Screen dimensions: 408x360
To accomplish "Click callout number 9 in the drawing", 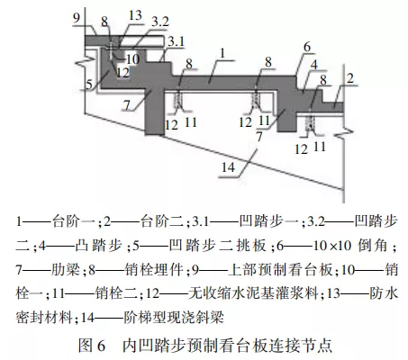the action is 77,18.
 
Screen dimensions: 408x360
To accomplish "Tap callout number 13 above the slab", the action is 135,14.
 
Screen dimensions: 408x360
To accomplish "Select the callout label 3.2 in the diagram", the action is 160,22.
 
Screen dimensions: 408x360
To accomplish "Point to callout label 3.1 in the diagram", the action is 176,41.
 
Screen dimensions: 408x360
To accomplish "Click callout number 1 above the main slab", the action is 222,53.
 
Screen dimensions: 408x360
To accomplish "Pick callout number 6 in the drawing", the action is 307,47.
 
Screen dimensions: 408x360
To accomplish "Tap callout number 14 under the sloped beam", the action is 228,167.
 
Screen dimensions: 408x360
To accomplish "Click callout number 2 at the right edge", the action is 350,78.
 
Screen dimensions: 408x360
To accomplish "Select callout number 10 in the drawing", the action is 132,59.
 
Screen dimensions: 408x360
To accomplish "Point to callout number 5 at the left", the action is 89,85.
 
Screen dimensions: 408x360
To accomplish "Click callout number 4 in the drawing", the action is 313,65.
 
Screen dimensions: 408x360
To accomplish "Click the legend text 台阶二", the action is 162,221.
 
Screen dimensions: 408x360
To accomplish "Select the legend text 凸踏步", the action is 98,246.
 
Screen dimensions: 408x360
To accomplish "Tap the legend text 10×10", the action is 332,246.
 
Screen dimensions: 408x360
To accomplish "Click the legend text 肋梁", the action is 66,269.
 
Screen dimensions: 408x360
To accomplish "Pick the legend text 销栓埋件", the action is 154,269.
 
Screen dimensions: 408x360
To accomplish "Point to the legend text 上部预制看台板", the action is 280,269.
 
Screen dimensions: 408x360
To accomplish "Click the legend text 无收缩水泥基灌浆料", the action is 253,293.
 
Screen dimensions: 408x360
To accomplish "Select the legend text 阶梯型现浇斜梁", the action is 174,317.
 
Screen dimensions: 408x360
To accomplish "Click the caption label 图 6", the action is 92,346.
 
